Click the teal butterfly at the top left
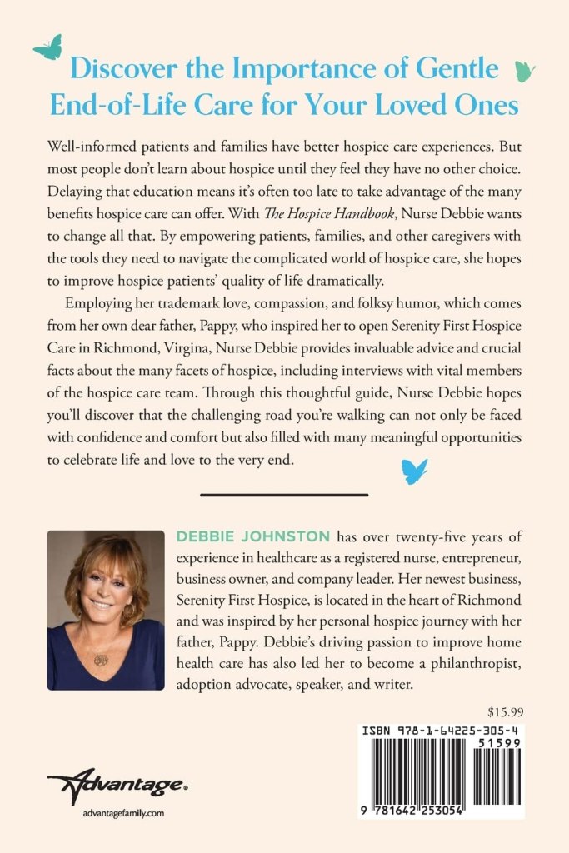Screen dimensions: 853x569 pos(47,47)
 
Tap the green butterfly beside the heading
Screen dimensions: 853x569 pos(524,72)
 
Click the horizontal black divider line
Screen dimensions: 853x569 pos(284,495)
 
